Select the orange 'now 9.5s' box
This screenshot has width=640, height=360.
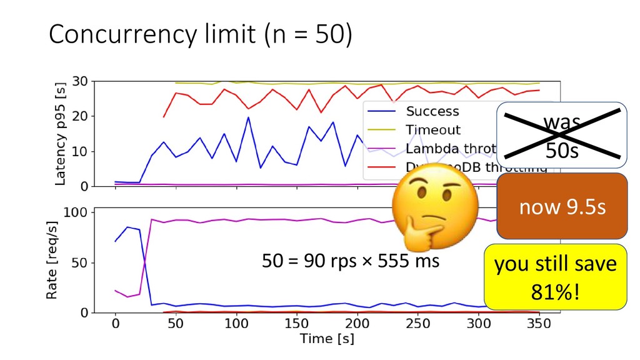pyautogui.click(x=562, y=207)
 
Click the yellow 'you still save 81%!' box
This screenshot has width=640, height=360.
pyautogui.click(x=555, y=277)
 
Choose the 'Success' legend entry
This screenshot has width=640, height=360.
pyautogui.click(x=432, y=112)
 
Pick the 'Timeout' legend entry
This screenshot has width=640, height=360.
pyautogui.click(x=433, y=130)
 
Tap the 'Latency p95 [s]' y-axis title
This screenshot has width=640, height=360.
pyautogui.click(x=61, y=134)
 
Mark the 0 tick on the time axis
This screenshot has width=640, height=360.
pyautogui.click(x=115, y=325)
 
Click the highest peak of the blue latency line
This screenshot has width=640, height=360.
pyautogui.click(x=248, y=117)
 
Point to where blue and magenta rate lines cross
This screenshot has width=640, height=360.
pyautogui.click(x=144, y=266)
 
